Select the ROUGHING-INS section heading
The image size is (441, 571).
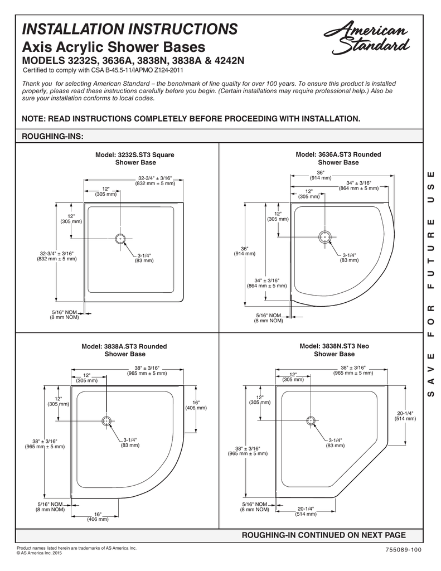point(52,136)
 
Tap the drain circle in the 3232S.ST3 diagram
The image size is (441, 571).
point(119,239)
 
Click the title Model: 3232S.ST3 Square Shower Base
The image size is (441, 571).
point(135,158)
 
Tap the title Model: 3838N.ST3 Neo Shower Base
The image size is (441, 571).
point(334,350)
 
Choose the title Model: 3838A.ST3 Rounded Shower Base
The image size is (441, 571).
point(124,350)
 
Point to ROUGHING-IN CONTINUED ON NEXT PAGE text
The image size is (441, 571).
point(323,535)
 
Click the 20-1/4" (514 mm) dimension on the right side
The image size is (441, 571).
point(405,415)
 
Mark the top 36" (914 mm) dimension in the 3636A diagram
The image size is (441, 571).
point(321,175)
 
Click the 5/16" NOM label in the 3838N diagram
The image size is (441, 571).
point(254,504)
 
